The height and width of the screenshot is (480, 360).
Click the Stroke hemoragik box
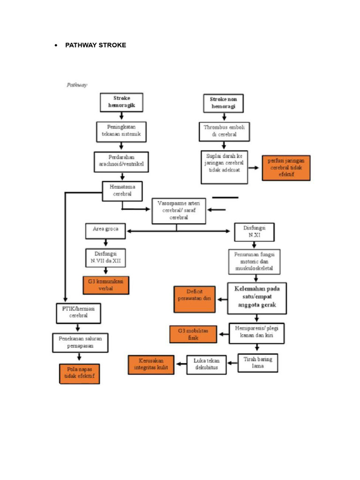[121, 102]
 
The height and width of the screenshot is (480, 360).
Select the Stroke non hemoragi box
[223, 103]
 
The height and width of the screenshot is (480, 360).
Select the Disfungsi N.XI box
[254, 232]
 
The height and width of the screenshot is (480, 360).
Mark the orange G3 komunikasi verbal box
[105, 285]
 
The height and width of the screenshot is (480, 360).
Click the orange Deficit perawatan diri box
[195, 299]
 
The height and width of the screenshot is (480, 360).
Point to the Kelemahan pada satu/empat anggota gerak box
[257, 298]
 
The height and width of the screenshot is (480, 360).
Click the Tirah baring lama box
[258, 363]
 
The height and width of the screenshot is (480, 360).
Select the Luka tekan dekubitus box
[206, 364]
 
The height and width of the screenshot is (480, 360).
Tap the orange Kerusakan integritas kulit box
[150, 364]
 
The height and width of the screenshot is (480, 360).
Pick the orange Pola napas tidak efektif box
[79, 374]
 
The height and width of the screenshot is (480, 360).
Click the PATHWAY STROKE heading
[95, 45]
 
